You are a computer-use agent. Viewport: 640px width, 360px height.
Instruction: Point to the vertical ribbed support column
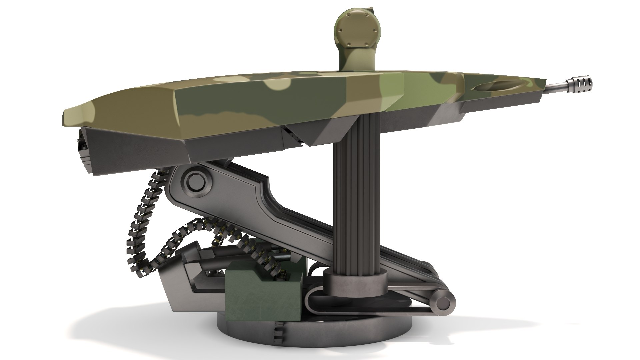(x=354, y=193)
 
